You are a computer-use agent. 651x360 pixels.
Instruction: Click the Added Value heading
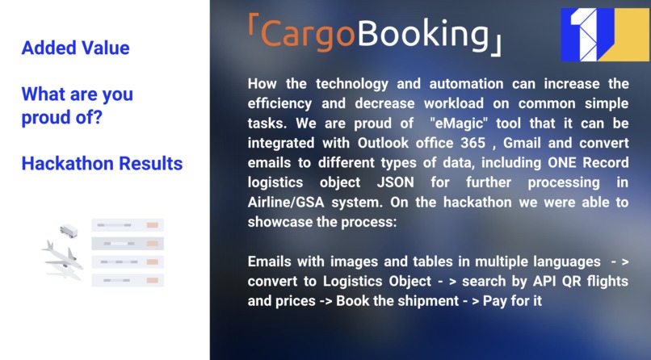[x=75, y=48]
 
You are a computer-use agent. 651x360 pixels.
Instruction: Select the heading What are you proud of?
[x=77, y=106]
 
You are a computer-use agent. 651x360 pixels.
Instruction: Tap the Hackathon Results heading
[x=102, y=164]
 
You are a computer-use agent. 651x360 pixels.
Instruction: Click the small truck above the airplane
[x=69, y=232]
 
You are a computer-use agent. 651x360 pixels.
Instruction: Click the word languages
[x=561, y=262]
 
